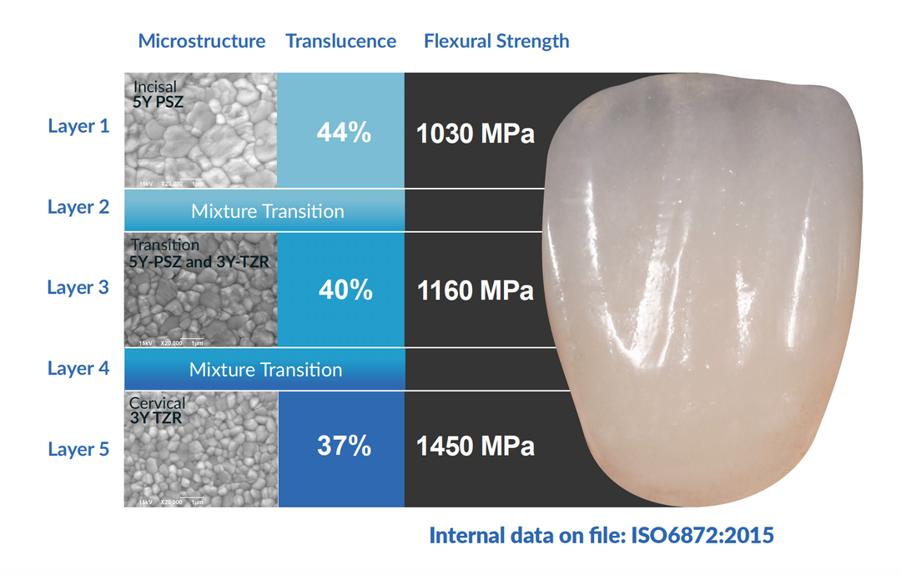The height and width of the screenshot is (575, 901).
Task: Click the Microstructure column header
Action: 202,41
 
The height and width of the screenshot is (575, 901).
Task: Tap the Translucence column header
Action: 340,41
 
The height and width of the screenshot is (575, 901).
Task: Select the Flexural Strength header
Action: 496,41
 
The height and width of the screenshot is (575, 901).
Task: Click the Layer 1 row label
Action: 78,127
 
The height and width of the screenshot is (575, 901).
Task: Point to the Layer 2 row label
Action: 78,207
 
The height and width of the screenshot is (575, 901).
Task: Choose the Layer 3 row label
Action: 78,288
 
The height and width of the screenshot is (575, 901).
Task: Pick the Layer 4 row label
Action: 78,368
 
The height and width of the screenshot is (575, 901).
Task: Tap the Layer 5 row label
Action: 78,449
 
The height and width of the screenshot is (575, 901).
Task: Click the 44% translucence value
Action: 344,132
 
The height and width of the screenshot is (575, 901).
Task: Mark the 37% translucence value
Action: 344,446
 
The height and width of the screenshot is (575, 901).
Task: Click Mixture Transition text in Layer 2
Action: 267,211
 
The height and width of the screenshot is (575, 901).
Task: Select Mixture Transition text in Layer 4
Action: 265,370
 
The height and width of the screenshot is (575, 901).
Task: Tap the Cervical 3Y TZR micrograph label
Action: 158,410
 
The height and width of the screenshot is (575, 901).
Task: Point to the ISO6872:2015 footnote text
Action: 602,535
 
